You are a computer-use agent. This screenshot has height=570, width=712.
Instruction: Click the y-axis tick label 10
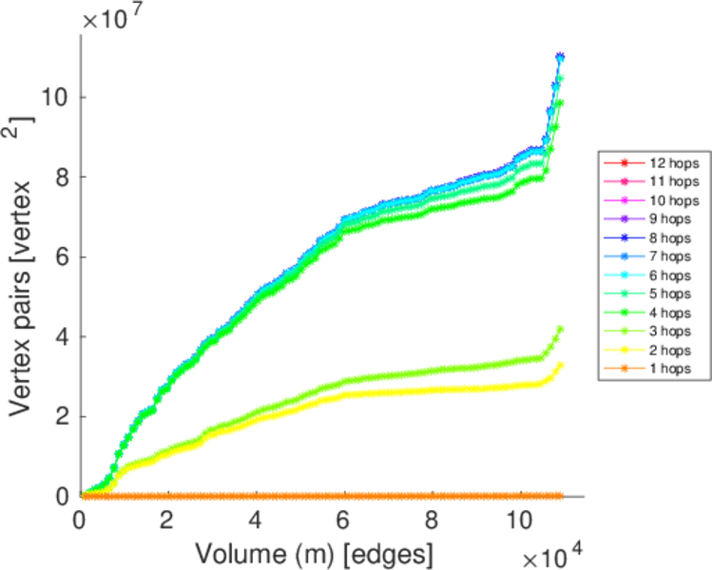click(x=56, y=97)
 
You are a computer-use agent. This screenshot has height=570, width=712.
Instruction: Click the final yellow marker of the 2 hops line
click(x=560, y=365)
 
